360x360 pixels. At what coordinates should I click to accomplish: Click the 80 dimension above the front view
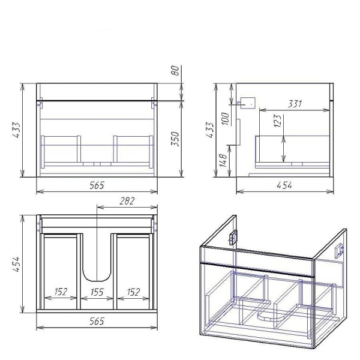click(175, 70)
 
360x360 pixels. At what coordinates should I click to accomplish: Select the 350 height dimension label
click(175, 139)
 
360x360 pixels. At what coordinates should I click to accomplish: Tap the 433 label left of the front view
click(16, 130)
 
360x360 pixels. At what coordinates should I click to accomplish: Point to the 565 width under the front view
click(97, 185)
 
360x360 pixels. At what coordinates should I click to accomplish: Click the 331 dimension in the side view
click(295, 104)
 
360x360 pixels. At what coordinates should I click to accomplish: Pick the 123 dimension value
click(277, 121)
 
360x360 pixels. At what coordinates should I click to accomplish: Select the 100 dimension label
click(225, 118)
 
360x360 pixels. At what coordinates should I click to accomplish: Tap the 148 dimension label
click(223, 160)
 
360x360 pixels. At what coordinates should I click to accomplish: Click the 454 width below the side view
click(284, 185)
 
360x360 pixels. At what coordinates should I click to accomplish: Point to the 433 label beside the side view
click(209, 130)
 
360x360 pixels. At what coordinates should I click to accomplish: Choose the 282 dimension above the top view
click(127, 201)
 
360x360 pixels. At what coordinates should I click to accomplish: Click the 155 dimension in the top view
click(97, 292)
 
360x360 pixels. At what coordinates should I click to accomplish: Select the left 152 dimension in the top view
click(61, 292)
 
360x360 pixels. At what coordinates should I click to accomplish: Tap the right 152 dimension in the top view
click(133, 292)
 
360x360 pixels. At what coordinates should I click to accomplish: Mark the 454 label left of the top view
click(16, 265)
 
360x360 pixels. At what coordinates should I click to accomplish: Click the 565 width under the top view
click(97, 321)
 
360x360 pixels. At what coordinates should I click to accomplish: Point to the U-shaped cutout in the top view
click(97, 281)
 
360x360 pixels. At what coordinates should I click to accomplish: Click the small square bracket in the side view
click(248, 103)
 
